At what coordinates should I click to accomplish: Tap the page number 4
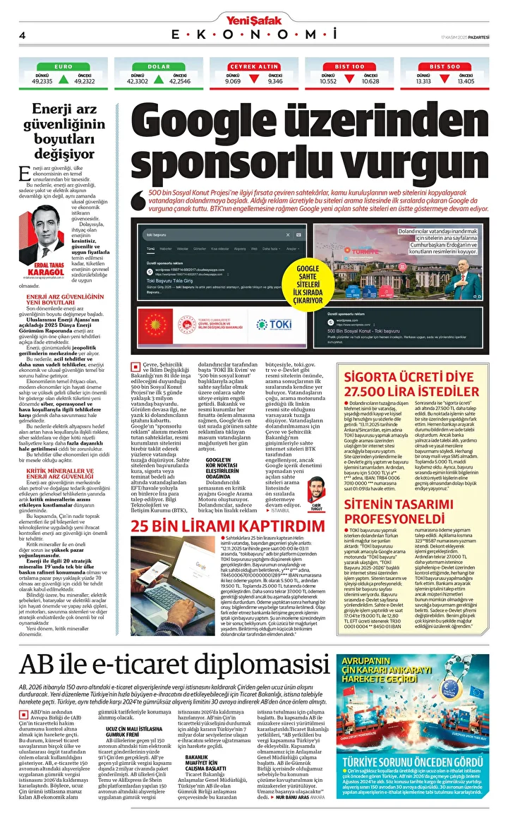(x=23, y=35)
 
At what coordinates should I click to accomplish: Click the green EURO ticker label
(x=64, y=66)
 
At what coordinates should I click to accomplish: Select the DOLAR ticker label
(x=159, y=66)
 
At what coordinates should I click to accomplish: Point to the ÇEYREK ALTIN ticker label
(x=254, y=66)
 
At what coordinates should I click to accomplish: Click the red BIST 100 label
(x=350, y=66)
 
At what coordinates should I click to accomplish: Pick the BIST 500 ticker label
(x=445, y=66)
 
